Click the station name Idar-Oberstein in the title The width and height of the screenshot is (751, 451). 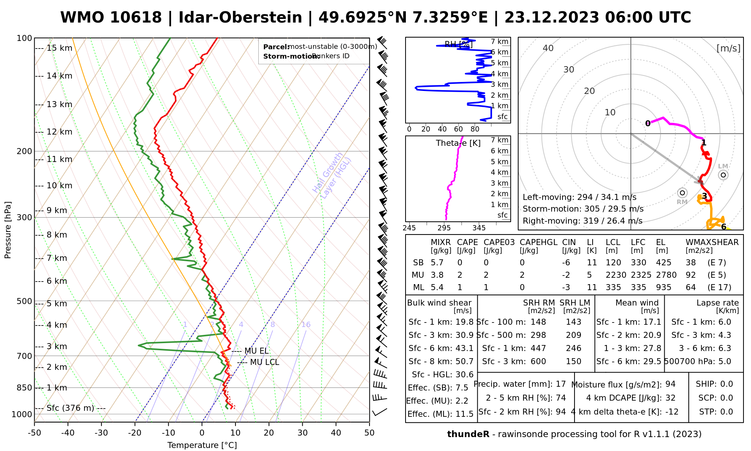click(x=240, y=18)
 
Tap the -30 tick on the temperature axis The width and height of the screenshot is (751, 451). click(x=101, y=433)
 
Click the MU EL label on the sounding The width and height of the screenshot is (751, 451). click(x=256, y=351)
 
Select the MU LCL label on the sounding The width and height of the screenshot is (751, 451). click(x=264, y=362)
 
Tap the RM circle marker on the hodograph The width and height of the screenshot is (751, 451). click(x=682, y=193)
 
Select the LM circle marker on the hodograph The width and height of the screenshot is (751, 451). click(x=723, y=175)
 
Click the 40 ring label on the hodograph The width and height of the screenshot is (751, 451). click(x=548, y=48)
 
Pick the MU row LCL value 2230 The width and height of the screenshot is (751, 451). click(x=616, y=275)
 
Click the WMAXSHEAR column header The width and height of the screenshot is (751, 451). click(x=712, y=242)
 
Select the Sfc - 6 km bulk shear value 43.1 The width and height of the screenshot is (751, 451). click(x=464, y=348)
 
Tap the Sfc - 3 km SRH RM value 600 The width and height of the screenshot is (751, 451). click(x=538, y=362)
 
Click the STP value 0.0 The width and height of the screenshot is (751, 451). click(x=726, y=412)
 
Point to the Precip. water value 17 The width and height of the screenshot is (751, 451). click(x=561, y=384)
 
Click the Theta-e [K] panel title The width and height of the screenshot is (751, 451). click(x=458, y=143)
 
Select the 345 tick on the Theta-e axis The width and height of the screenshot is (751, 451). click(x=479, y=228)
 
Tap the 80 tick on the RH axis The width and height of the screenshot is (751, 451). click(x=475, y=129)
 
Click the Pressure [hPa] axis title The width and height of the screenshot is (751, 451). click(x=8, y=230)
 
